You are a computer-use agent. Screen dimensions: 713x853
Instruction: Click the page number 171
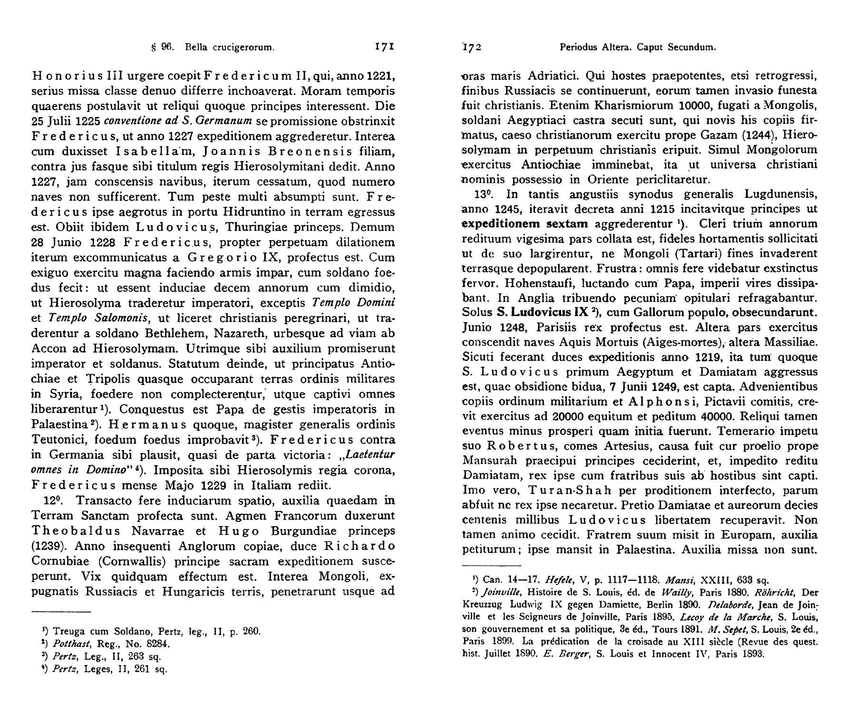coord(385,47)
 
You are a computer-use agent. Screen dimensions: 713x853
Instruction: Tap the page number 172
coord(472,47)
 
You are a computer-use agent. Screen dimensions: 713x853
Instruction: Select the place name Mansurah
coord(491,461)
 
